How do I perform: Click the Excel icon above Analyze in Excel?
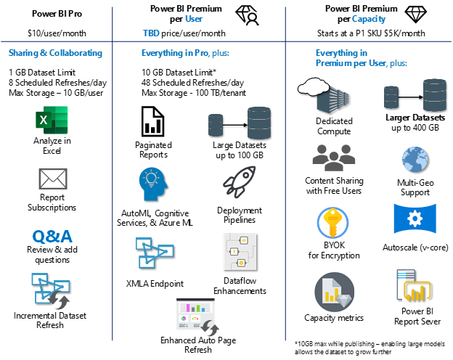[52, 120]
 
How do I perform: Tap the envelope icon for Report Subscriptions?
[53, 179]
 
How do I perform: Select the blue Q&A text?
[52, 237]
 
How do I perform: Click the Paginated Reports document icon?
[153, 121]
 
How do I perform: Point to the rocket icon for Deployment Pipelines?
[240, 182]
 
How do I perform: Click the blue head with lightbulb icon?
[153, 184]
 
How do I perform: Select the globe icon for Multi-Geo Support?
[415, 160]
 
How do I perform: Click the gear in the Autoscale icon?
[415, 218]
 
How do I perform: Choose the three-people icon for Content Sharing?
[334, 157]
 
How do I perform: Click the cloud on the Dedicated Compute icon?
[314, 86]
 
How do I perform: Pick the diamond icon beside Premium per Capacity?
[415, 15]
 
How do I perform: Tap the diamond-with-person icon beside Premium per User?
[247, 15]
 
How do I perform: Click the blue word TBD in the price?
[151, 33]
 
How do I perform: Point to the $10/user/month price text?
[57, 33]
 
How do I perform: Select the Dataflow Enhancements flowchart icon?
[240, 252]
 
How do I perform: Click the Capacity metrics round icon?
[334, 292]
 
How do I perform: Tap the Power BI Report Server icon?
[414, 285]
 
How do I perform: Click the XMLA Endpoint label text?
[155, 284]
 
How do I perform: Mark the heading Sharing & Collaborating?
[55, 53]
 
